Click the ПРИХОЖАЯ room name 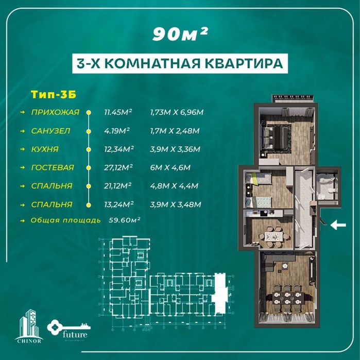click(x=55, y=112)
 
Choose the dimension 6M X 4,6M click(x=170, y=167)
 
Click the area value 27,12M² click(x=118, y=167)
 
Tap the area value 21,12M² click(x=118, y=186)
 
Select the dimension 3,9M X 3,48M click(x=175, y=204)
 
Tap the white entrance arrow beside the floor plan click(x=338, y=224)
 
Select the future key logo click(x=70, y=329)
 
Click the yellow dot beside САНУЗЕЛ click(x=89, y=130)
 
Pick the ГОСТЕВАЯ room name click(x=52, y=167)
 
